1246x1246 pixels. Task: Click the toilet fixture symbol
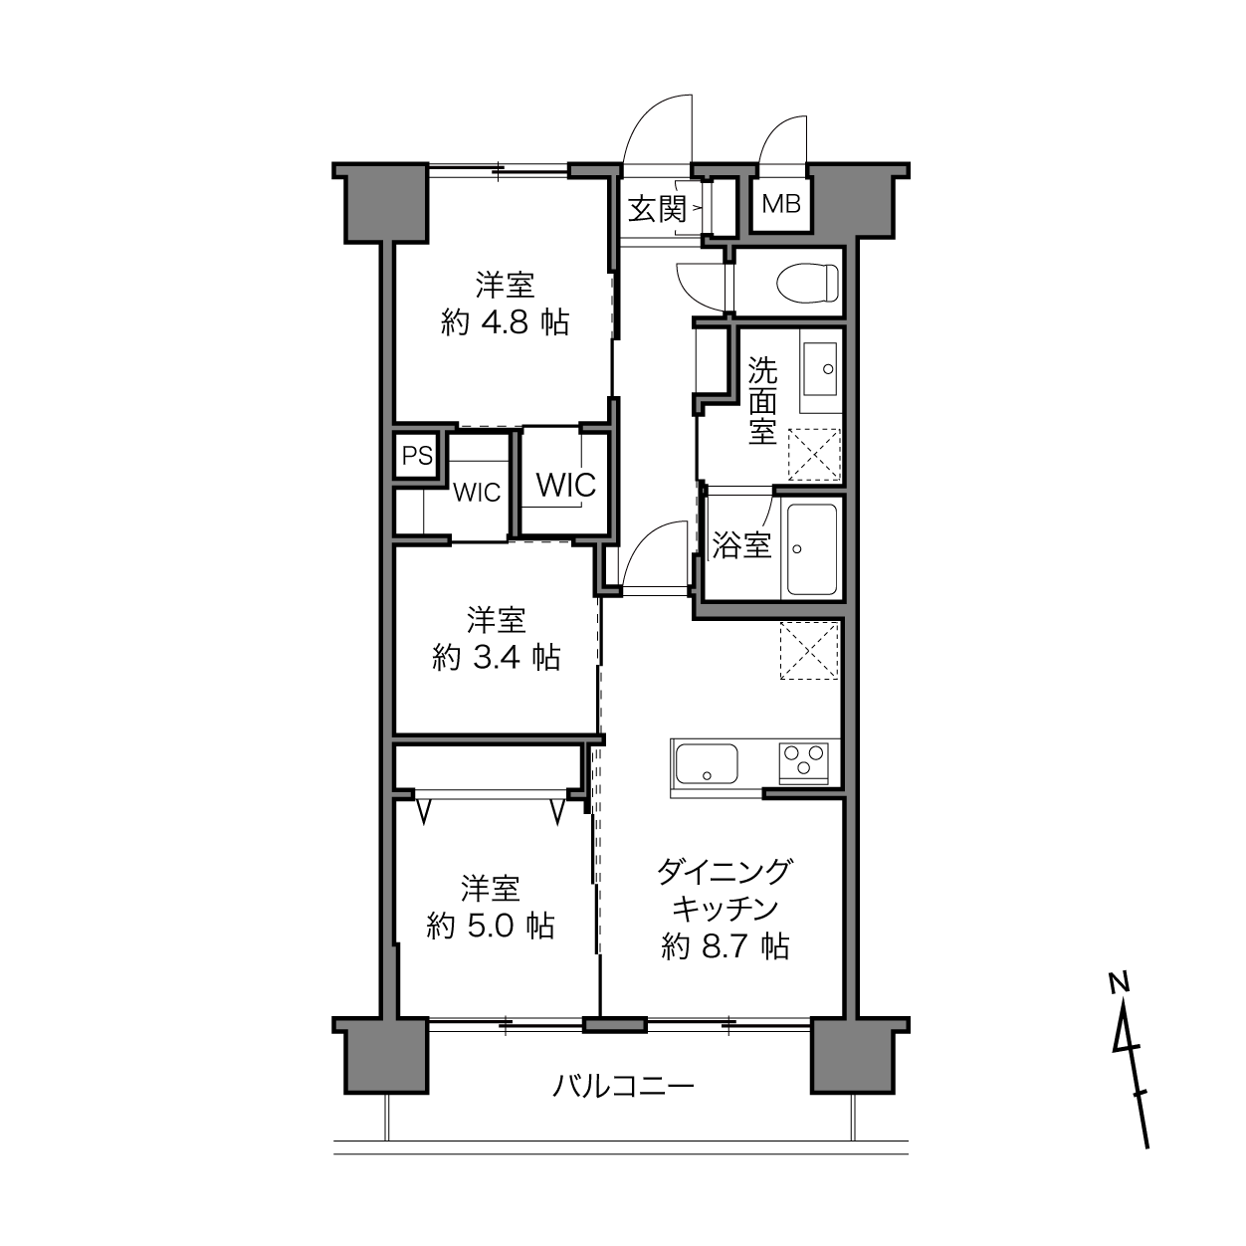807,283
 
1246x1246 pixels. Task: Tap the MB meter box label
781,204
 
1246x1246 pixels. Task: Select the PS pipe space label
417,456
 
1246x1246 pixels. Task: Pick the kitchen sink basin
707,763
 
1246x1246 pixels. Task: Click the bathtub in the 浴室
811,549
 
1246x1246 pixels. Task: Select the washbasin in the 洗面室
820,369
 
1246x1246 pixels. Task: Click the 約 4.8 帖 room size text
505,322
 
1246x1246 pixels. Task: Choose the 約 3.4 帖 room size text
496,658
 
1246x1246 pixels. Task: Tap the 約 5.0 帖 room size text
491,927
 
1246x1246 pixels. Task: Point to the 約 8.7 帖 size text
725,947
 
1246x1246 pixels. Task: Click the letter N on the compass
1119,983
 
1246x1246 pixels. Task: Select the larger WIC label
566,485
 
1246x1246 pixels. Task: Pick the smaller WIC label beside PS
477,493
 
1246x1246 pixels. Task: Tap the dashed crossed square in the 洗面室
814,455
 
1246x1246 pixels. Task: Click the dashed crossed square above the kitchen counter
809,651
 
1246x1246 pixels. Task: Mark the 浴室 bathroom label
742,545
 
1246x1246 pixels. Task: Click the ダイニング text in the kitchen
725,872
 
